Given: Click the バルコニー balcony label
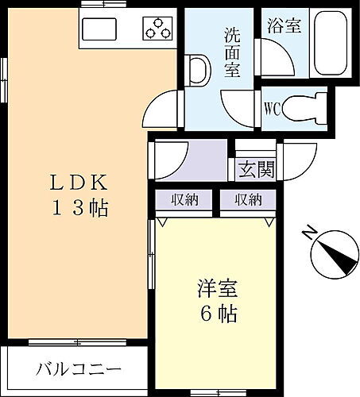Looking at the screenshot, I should (79, 369).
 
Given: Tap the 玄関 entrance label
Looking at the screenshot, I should (255, 168).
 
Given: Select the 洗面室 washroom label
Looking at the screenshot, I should (232, 53).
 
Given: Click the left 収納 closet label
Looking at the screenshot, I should (185, 199).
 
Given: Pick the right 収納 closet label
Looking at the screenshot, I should (248, 199).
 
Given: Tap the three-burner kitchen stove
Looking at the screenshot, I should (157, 29).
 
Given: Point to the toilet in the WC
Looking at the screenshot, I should (305, 106).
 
